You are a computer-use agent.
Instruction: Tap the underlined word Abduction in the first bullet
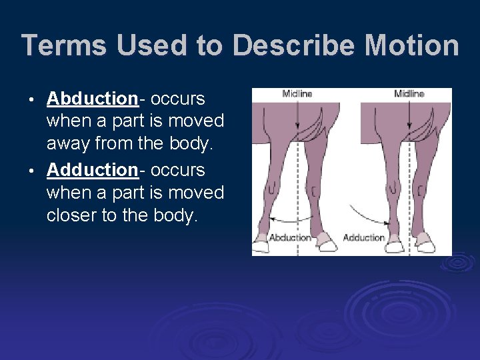pos(92,99)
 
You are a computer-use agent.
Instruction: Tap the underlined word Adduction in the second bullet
pos(92,170)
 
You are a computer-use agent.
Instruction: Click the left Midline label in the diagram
pos(297,94)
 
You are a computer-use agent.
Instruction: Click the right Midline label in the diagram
pos(409,94)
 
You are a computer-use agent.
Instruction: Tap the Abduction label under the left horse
pos(289,237)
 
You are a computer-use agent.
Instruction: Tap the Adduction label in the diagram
pos(363,237)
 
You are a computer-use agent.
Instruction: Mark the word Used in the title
pos(141,46)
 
